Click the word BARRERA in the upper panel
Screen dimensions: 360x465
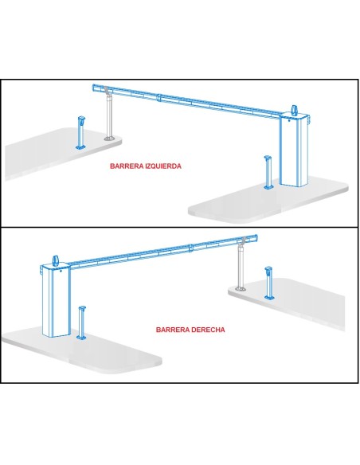[127, 166]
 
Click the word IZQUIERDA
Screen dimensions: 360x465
[162, 166]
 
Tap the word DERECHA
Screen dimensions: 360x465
[208, 330]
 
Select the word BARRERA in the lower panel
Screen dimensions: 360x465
[173, 330]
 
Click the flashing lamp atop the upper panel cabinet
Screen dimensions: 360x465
[294, 110]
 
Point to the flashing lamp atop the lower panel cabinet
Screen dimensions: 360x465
[56, 260]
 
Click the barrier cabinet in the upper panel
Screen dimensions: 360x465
[294, 149]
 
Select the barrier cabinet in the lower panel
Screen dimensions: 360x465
[56, 300]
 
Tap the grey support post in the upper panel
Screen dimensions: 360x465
[109, 115]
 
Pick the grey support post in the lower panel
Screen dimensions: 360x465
[241, 264]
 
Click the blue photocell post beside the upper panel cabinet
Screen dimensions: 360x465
[268, 172]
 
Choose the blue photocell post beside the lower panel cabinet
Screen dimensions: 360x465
[81, 322]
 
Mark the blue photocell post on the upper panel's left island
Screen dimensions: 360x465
[80, 132]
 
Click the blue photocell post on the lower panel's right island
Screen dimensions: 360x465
[269, 283]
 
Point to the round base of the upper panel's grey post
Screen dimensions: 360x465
[109, 139]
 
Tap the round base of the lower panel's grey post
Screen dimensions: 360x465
[241, 288]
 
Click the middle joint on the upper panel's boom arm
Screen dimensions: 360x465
[159, 98]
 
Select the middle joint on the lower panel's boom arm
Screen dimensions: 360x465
[191, 248]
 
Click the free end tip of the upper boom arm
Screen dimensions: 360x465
[93, 88]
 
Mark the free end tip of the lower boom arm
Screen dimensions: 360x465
[256, 238]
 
